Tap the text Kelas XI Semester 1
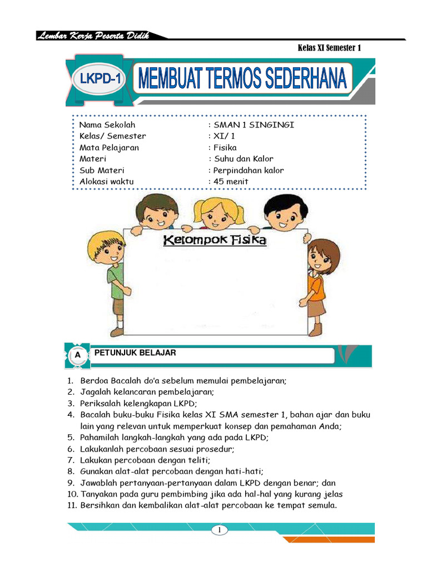(329, 48)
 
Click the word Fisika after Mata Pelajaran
(225, 148)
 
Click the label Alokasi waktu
(107, 181)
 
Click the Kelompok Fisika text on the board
(214, 240)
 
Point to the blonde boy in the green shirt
(111, 278)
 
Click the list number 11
(71, 505)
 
